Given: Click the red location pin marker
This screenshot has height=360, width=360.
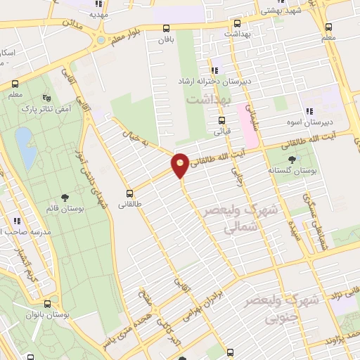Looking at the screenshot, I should (x=181, y=165).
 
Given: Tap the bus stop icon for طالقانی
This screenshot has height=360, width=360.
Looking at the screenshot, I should (x=129, y=193).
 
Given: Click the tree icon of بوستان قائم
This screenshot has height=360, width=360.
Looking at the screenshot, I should (x=65, y=198).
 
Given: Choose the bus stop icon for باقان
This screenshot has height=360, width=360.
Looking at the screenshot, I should (x=166, y=30).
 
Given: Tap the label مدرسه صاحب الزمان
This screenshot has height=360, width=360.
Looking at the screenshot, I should (x=26, y=232).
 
